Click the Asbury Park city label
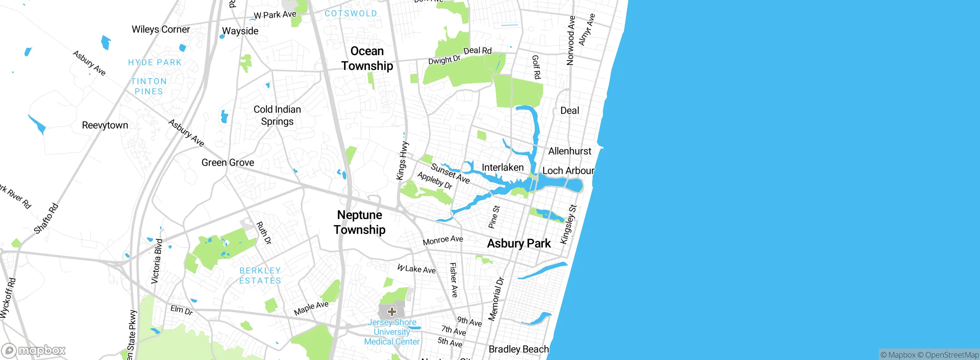(x=519, y=244)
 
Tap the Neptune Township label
(x=359, y=222)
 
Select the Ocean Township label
(x=367, y=58)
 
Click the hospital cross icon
(x=392, y=311)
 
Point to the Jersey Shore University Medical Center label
(x=392, y=332)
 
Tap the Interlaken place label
(x=502, y=167)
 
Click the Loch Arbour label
(x=568, y=171)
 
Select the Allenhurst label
(x=570, y=151)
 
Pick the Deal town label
(x=570, y=111)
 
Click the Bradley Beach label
(x=519, y=349)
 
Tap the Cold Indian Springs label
(x=277, y=115)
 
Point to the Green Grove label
(x=228, y=163)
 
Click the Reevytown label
(x=105, y=125)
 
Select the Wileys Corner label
(x=161, y=29)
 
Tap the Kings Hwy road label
(x=402, y=160)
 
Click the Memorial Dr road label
(x=496, y=299)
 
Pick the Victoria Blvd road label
(x=157, y=262)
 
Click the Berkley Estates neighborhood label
(x=260, y=276)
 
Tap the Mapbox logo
(x=34, y=350)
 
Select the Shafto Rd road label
(x=46, y=218)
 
